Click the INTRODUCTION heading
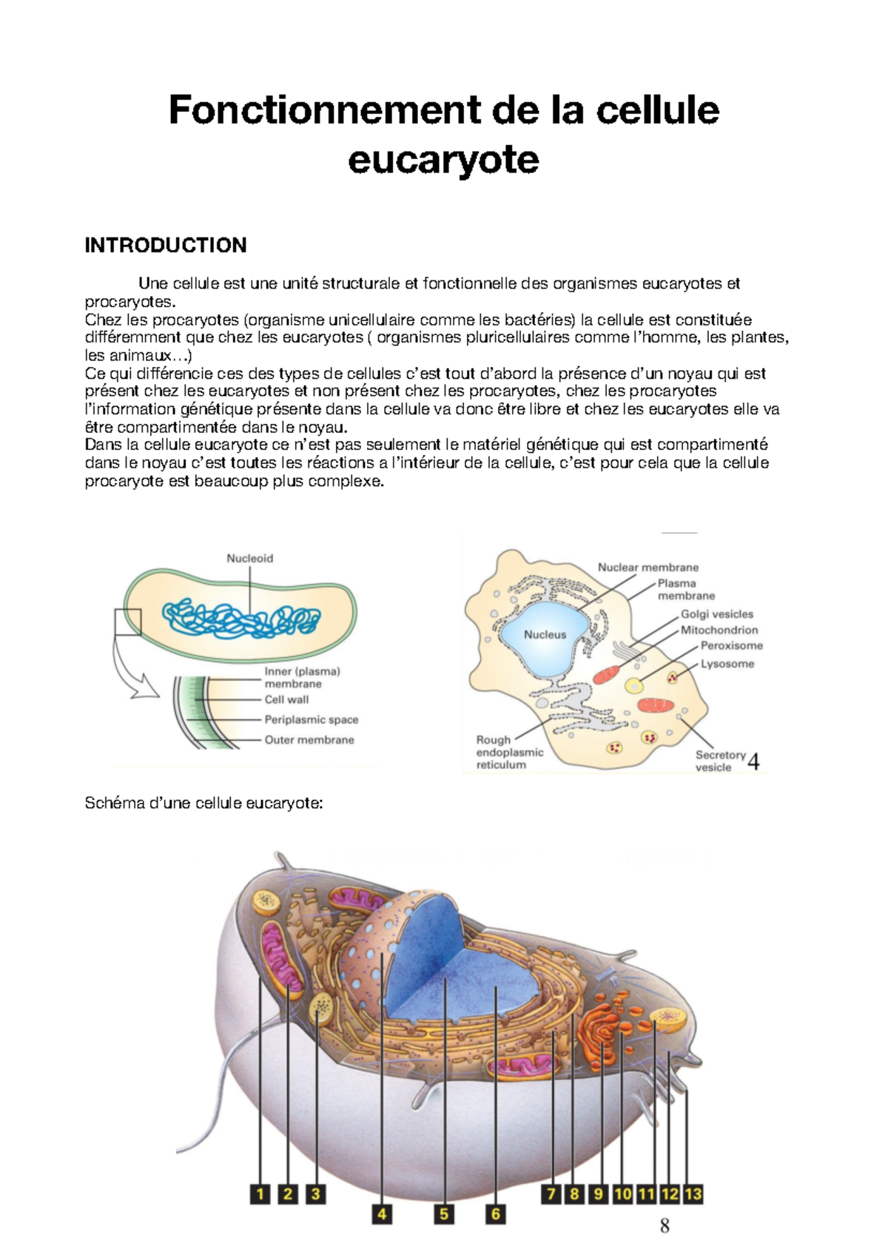click(x=166, y=246)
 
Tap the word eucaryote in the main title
click(x=443, y=160)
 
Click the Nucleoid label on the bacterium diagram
click(x=249, y=559)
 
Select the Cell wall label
click(x=286, y=699)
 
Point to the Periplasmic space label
click(x=311, y=719)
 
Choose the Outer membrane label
click(x=309, y=740)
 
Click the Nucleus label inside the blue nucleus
click(x=545, y=635)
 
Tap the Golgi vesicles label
click(x=716, y=614)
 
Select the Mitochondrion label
click(x=719, y=630)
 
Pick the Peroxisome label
click(x=731, y=646)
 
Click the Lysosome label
click(x=727, y=664)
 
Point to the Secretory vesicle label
click(x=719, y=761)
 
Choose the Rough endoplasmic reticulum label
click(x=509, y=752)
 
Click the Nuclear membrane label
click(x=647, y=568)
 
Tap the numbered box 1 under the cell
click(x=260, y=1194)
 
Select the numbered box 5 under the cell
click(x=444, y=1214)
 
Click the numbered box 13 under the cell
click(x=693, y=1194)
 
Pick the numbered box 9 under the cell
click(x=599, y=1194)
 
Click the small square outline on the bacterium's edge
click(x=127, y=622)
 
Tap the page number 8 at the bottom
click(x=665, y=1227)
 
